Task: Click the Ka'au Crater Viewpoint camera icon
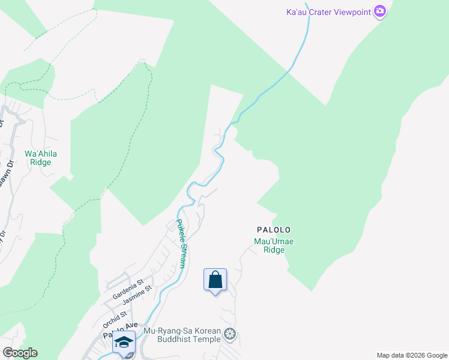click(x=379, y=11)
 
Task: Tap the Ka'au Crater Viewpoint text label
click(x=328, y=11)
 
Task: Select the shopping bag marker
click(x=215, y=280)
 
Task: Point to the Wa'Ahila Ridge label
click(x=41, y=158)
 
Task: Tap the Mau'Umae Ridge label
click(x=274, y=246)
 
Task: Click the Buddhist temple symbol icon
click(x=229, y=334)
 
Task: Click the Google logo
click(x=20, y=353)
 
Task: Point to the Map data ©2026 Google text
click(x=411, y=355)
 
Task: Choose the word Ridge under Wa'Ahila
click(x=41, y=162)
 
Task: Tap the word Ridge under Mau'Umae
click(x=274, y=250)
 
